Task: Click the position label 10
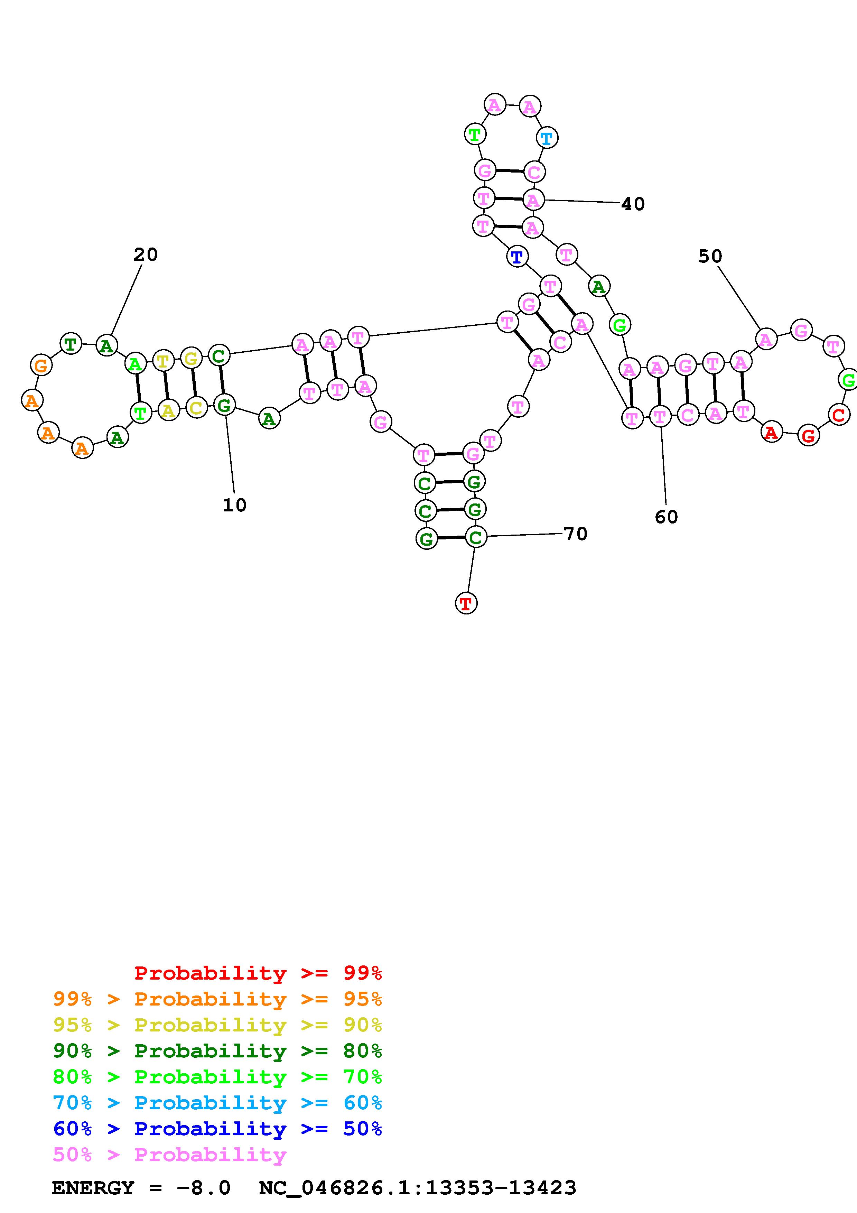tap(234, 505)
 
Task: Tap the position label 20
tap(145, 254)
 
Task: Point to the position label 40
tap(633, 204)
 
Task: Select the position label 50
tap(710, 256)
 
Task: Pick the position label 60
tap(666, 517)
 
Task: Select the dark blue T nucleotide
tap(517, 257)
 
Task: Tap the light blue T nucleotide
tap(547, 138)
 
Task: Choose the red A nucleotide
tap(772, 433)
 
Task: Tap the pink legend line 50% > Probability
tap(169, 1154)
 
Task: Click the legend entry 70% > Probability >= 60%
tap(217, 1103)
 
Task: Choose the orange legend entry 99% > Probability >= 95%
tap(217, 999)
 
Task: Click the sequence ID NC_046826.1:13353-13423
tap(417, 1188)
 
